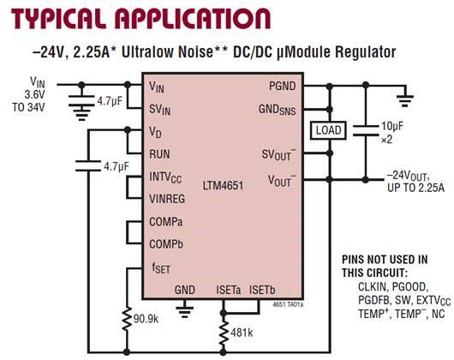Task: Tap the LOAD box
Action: [x=330, y=130]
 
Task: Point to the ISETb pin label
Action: [x=265, y=291]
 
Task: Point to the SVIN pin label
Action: [x=160, y=109]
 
